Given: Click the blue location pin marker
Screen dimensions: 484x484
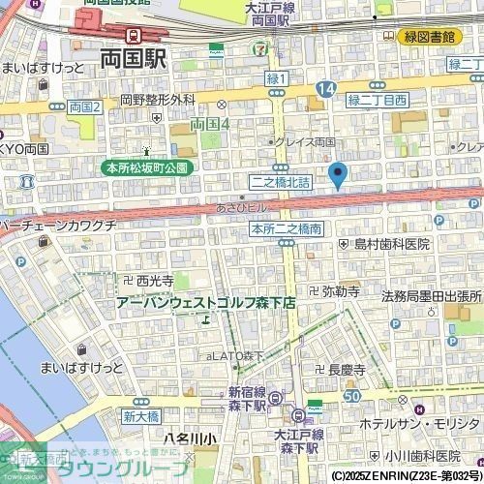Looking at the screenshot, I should tap(337, 175).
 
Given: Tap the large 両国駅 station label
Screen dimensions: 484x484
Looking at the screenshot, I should tap(133, 58).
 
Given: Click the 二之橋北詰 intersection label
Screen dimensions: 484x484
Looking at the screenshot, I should tap(281, 181).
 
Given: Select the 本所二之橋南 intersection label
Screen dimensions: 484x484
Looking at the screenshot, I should tap(286, 229).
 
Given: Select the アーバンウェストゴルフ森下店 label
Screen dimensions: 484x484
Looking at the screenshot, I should tap(205, 303).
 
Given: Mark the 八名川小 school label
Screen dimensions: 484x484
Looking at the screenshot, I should tap(192, 439).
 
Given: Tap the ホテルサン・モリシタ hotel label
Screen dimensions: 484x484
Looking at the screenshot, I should tap(419, 425).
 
